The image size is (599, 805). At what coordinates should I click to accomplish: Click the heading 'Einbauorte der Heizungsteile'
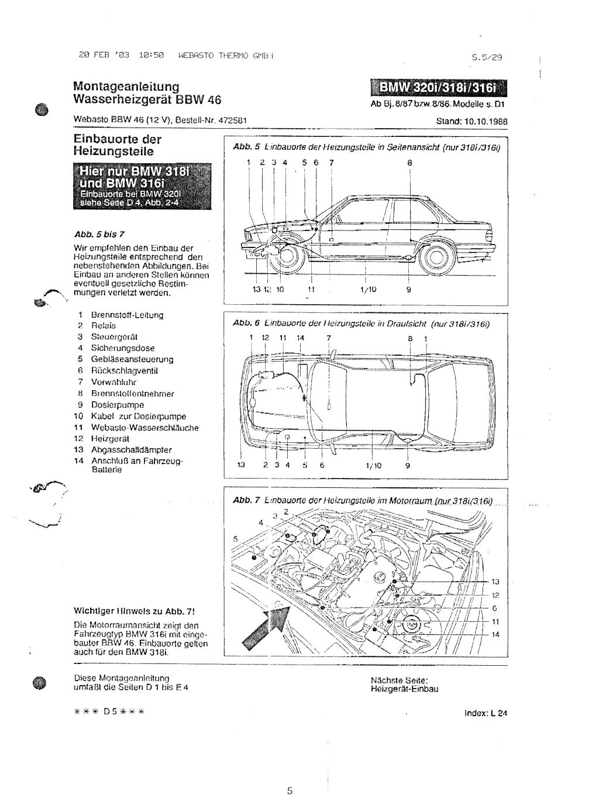point(117,145)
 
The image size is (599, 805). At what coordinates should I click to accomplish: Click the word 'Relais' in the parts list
point(104,325)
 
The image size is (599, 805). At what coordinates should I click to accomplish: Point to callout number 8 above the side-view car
point(410,163)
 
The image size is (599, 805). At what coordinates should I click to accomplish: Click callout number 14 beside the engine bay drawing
point(495,635)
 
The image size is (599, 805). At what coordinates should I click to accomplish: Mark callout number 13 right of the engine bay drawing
point(495,582)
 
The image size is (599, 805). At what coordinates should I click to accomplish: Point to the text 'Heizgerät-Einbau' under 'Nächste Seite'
point(404,689)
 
